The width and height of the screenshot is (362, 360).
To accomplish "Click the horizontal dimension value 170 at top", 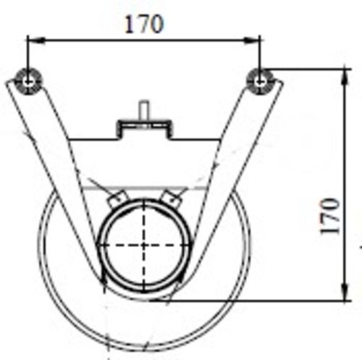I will point(143,23).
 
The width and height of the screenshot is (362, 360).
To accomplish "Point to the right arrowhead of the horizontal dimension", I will point(256,41).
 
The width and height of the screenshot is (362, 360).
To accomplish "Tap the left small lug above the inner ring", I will point(116,197).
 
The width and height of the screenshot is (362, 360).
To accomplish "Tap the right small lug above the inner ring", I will point(172,196).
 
